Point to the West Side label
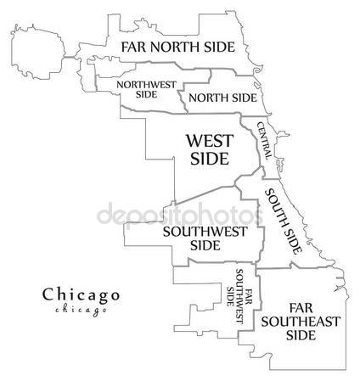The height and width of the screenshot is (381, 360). pos(207,148)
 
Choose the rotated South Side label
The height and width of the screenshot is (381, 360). pos(282,222)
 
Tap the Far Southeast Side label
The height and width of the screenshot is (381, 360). pos(301,320)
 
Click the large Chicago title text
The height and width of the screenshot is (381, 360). pos(81,294)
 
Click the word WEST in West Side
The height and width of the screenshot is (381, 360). pos(207,139)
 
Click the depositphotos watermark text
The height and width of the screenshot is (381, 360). pos(179,214)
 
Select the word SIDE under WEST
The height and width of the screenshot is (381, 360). pos(207,159)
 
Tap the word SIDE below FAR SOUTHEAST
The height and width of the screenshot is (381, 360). pos(301,334)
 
